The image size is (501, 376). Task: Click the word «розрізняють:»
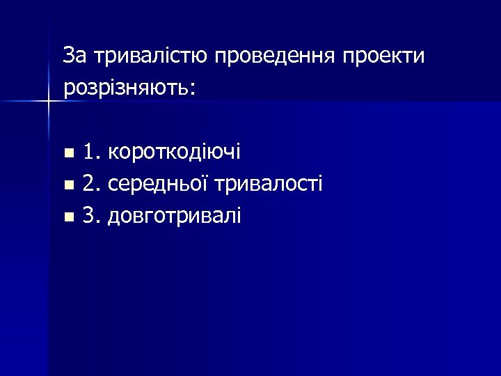[130, 88]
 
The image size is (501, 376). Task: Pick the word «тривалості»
[269, 184]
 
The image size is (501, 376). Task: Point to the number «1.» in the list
[92, 151]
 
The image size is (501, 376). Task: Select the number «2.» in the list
[92, 184]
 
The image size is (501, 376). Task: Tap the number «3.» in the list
[92, 217]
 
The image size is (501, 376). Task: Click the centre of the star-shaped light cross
[49, 102]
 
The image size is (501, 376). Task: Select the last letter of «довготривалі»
[238, 216]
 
